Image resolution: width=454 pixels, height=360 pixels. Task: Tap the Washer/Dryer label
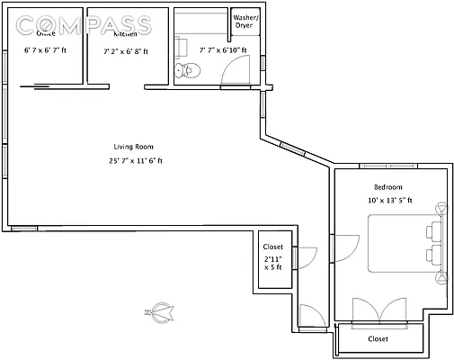[x=245, y=22]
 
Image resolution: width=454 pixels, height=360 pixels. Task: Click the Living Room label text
[x=133, y=147]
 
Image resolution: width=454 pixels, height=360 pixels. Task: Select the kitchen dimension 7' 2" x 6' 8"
[x=126, y=51]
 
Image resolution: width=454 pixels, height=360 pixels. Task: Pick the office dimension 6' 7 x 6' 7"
[x=44, y=51]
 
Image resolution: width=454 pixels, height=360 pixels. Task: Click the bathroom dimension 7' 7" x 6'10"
[x=224, y=51]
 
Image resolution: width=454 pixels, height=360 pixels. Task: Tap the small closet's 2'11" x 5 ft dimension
[x=272, y=263]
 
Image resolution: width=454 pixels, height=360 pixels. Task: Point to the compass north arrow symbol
[x=159, y=312]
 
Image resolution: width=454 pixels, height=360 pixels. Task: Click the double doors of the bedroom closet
[x=379, y=309]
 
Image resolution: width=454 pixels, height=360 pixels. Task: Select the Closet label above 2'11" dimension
[x=272, y=247]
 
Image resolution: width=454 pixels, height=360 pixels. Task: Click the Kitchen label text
[x=124, y=33]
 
